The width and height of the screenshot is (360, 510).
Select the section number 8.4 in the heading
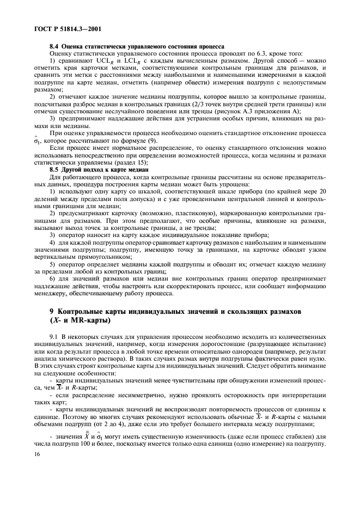(54, 47)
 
